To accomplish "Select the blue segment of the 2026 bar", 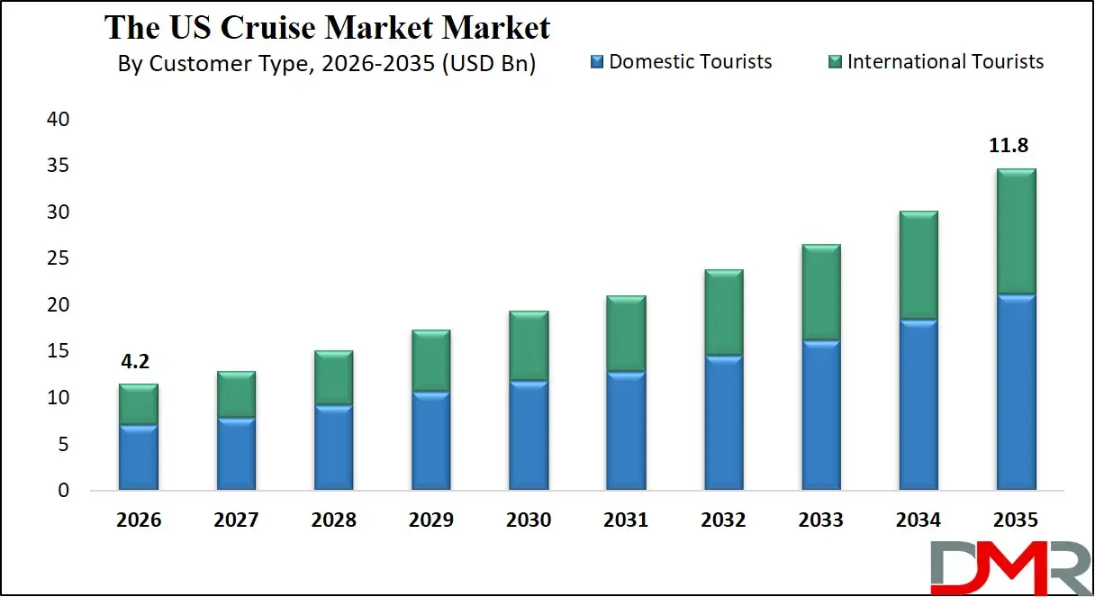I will pos(139,457).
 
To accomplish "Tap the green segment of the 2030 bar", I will pos(529,346).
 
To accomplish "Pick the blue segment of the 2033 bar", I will pos(820,415).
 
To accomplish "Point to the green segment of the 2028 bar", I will pos(333,377).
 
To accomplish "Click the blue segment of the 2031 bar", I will pos(626,430).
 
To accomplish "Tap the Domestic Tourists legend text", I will pos(691,61).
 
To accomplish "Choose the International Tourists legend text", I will pos(946,61).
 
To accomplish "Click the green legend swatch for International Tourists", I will pos(835,62).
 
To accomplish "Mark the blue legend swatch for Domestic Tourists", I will pos(596,62).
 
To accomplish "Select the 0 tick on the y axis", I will pos(63,492).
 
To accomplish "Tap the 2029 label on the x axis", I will pos(430,520).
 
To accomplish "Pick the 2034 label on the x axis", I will pos(918,520).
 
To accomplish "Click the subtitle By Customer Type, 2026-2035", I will pos(327,64).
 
